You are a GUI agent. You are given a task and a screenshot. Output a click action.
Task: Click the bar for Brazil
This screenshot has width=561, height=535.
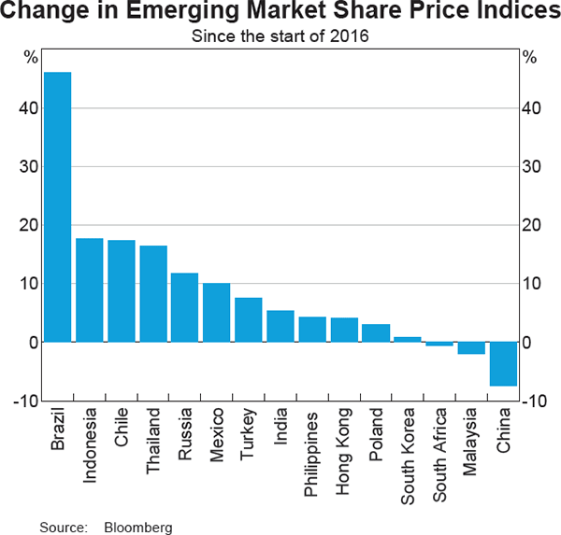57,206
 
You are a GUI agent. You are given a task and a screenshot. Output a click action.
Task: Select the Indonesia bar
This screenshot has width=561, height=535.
89,290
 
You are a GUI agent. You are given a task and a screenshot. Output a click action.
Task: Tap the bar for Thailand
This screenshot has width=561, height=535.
153,294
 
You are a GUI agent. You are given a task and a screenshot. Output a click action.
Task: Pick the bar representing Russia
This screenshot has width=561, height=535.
185,307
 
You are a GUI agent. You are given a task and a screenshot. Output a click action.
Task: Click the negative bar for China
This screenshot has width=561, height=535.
503,364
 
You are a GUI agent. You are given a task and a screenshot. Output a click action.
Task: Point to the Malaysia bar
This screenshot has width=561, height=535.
471,348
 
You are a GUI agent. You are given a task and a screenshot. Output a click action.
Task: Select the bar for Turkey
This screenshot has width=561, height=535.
249,319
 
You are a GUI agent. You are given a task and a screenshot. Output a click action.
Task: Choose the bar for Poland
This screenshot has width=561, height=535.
376,332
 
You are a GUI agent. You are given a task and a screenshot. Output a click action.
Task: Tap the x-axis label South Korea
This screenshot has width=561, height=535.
409,453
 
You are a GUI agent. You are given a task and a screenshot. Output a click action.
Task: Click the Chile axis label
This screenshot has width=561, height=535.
122,427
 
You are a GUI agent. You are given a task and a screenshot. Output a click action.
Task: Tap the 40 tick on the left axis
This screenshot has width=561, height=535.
31,108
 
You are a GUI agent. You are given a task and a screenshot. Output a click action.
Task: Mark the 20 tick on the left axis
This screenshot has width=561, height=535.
31,225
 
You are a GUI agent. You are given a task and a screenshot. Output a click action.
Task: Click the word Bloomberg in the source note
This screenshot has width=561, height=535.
139,528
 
